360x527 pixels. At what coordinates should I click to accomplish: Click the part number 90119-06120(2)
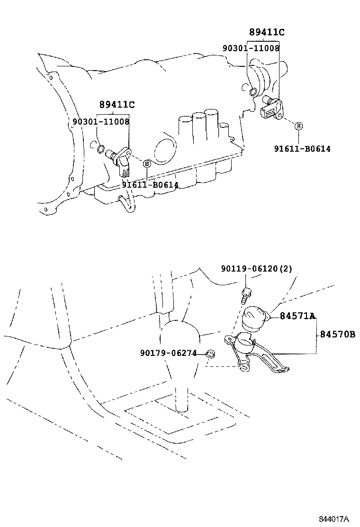256,269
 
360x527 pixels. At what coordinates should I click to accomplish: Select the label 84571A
297,316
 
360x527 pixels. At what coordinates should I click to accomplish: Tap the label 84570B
337,335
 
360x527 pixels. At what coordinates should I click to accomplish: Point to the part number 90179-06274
169,353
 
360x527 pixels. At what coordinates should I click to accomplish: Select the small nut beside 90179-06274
211,354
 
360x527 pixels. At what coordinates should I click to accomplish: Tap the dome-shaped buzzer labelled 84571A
254,317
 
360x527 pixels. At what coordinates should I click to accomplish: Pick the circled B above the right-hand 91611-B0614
298,126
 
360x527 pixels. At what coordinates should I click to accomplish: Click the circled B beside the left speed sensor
147,164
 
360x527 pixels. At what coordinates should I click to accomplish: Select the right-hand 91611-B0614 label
302,148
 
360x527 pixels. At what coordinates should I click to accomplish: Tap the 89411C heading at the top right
267,32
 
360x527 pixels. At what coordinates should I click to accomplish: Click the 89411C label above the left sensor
117,104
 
